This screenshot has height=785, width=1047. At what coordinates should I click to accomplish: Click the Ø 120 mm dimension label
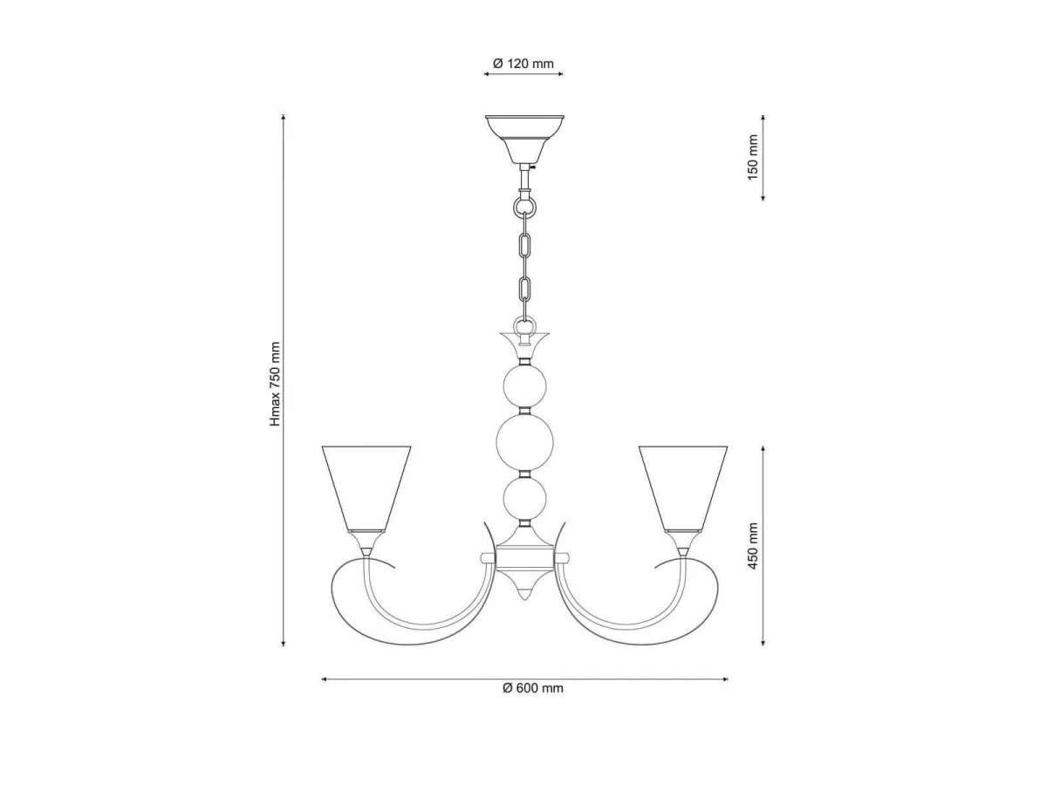pyautogui.click(x=523, y=64)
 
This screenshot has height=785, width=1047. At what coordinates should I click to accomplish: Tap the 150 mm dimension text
pyautogui.click(x=753, y=157)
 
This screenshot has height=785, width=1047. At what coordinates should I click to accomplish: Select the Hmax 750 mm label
pyautogui.click(x=275, y=384)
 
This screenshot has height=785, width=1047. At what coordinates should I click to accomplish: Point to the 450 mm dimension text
pyautogui.click(x=753, y=546)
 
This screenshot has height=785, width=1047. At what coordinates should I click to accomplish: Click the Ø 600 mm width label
pyautogui.click(x=533, y=688)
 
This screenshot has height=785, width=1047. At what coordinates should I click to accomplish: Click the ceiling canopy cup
pyautogui.click(x=524, y=139)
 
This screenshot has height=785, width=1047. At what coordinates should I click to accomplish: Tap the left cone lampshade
pyautogui.click(x=366, y=488)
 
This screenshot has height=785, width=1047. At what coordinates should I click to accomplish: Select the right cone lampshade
pyautogui.click(x=683, y=488)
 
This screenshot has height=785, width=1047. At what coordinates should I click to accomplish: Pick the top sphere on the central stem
pyautogui.click(x=524, y=386)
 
